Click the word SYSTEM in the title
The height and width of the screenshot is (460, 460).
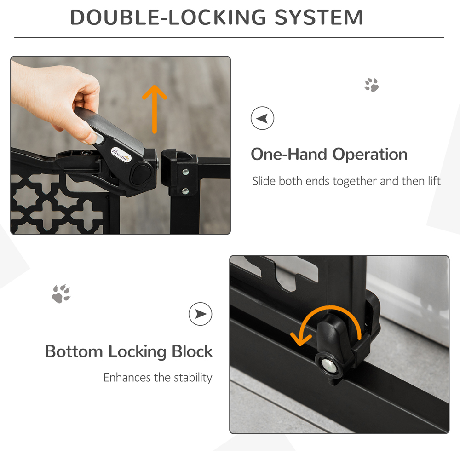[x=319, y=17]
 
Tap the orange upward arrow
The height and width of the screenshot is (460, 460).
[x=155, y=108]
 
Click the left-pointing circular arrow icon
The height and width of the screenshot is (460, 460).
[x=262, y=119]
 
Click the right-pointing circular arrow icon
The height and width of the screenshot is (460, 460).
[x=201, y=314]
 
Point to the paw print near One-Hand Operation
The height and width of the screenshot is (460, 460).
[x=371, y=85]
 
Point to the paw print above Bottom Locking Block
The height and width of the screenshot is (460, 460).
[x=61, y=293]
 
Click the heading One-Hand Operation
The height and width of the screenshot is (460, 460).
[x=329, y=154]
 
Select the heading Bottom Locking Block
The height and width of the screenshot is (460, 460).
[x=129, y=351]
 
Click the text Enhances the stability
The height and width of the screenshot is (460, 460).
[x=158, y=378]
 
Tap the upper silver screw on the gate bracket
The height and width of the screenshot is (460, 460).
[x=185, y=172]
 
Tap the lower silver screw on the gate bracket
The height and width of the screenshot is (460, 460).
[x=185, y=190]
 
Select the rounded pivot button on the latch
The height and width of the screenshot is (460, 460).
[x=142, y=174]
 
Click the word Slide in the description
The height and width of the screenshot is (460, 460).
[x=264, y=181]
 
